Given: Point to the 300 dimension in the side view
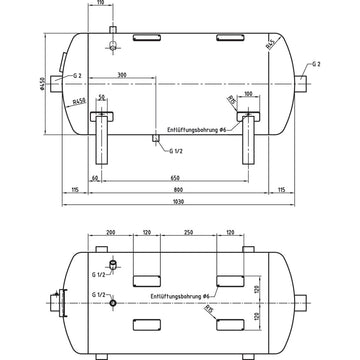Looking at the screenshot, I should tap(122, 73).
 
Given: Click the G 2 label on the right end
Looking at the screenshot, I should tap(317, 63).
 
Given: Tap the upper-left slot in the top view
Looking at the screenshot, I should tap(147, 273).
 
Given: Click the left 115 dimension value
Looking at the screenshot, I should tap(75, 188).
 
